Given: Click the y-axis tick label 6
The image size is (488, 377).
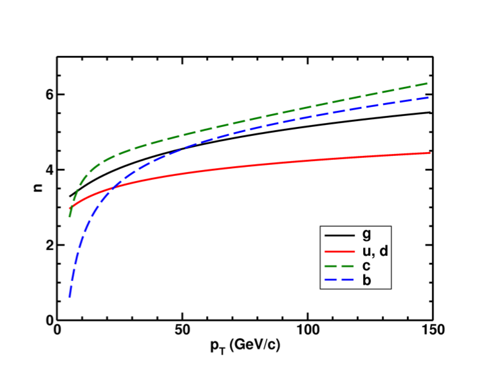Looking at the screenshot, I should pyautogui.click(x=48, y=94).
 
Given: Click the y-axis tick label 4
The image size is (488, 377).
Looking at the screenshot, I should pyautogui.click(x=48, y=169).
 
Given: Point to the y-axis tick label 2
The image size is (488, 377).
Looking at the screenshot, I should pyautogui.click(x=48, y=245).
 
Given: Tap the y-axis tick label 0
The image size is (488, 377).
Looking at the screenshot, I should pyautogui.click(x=48, y=320).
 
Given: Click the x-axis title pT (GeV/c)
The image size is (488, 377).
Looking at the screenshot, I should pyautogui.click(x=245, y=346).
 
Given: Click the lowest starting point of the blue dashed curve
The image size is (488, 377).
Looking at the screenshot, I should pyautogui.click(x=70, y=298).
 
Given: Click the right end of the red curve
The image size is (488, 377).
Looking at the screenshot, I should pyautogui.click(x=430, y=153).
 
